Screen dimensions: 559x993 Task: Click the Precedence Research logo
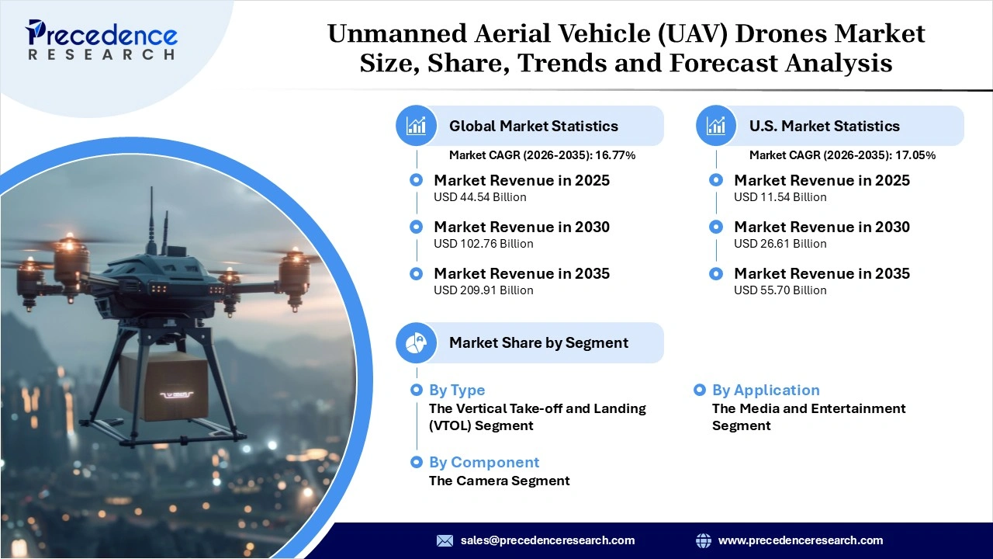point(102,40)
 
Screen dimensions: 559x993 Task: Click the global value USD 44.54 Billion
point(479,197)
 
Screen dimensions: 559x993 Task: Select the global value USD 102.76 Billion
point(483,244)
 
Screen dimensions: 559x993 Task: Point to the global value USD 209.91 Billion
point(483,290)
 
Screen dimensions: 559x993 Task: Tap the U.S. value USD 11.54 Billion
point(780,197)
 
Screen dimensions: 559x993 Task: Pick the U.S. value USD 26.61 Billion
point(780,244)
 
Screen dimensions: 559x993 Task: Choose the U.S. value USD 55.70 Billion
point(780,290)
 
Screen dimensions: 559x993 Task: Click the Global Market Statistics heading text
point(533,126)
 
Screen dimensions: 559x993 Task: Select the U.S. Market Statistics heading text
point(824,126)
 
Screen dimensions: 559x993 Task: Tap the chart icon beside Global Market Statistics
point(417,126)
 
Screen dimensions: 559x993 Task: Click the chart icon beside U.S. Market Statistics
point(716,126)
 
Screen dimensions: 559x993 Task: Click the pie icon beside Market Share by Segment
point(417,342)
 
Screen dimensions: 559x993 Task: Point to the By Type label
point(457,390)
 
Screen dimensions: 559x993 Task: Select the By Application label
point(765,390)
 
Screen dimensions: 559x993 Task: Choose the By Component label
point(483,462)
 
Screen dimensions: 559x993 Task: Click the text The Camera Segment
point(499,481)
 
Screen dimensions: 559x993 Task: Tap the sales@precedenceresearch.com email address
point(547,540)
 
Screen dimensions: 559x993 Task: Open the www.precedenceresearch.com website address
point(800,540)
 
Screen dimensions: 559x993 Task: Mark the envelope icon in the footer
point(445,540)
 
